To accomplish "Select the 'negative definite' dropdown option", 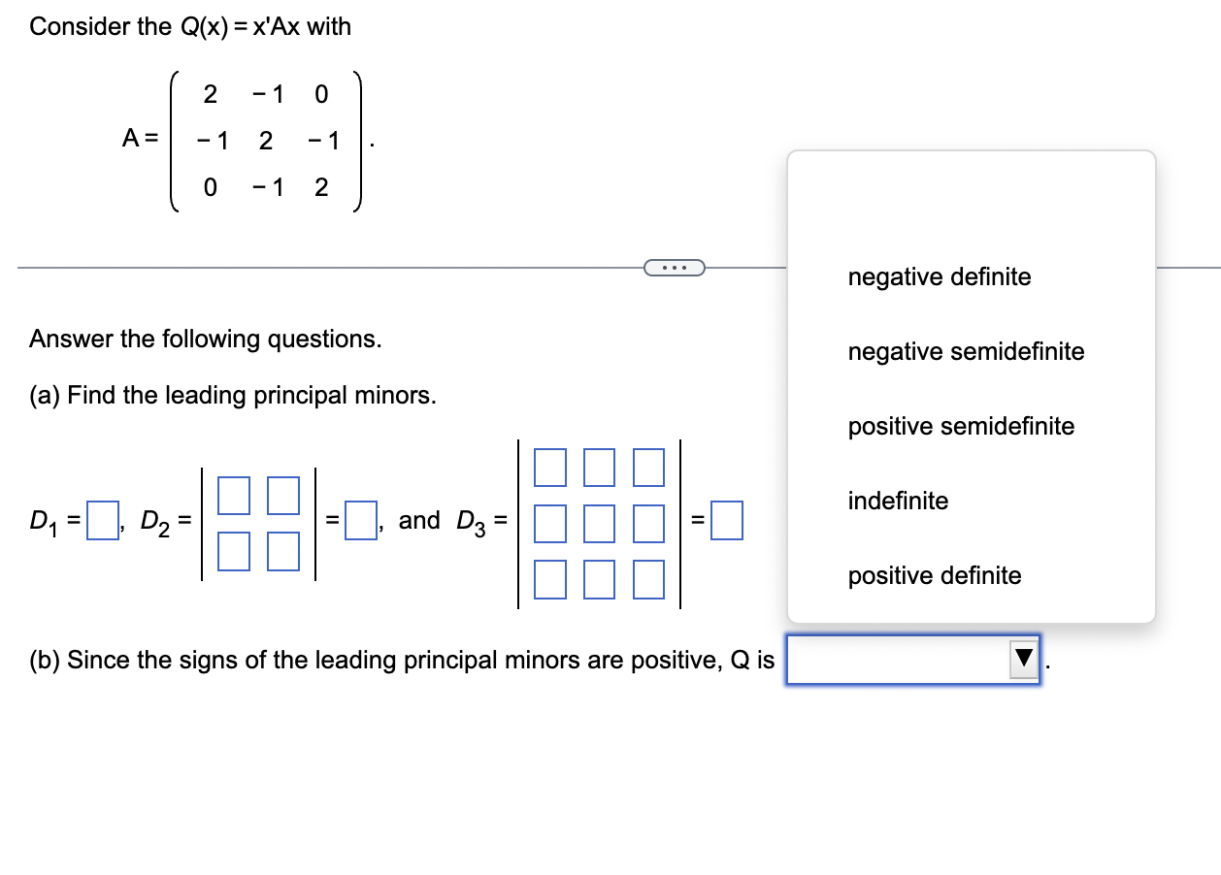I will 939,277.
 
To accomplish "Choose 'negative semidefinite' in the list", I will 966,352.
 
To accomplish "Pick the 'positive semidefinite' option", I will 961,427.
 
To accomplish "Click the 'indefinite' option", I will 898,502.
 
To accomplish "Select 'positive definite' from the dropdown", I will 934,576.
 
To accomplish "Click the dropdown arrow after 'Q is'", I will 1023,661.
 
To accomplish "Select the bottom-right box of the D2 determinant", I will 282,552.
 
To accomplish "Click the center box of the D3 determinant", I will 599,522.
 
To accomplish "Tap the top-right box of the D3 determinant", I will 648,467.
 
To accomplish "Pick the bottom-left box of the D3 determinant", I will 549,578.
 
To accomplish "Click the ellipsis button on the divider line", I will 673,267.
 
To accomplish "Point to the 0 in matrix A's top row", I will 322,95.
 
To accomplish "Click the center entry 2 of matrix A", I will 265,141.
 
